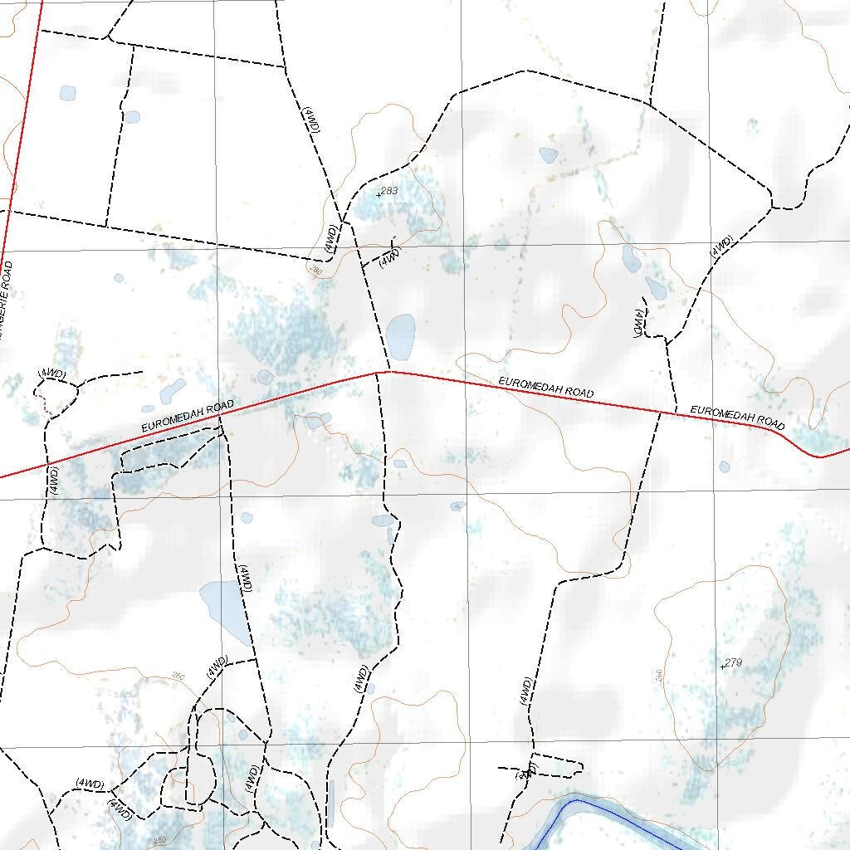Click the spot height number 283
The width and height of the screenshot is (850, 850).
pos(390,191)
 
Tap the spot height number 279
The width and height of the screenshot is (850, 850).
pos(734,662)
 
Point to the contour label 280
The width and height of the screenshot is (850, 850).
pos(315,271)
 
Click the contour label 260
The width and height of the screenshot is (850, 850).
pos(178,677)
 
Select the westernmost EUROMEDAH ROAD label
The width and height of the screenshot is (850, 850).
pos(188,416)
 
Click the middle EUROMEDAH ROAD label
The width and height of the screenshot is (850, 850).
pos(545,387)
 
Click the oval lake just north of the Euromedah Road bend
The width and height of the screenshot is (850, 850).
pos(401,336)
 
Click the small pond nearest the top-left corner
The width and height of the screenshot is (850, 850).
pos(66,92)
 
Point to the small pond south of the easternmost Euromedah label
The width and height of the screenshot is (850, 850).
pos(725,467)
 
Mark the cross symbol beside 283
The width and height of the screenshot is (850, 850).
pos(379,193)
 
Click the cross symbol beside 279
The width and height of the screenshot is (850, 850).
pos(723,665)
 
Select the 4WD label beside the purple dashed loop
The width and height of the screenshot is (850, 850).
pos(51,374)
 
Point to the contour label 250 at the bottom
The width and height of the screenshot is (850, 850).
pos(160,840)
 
